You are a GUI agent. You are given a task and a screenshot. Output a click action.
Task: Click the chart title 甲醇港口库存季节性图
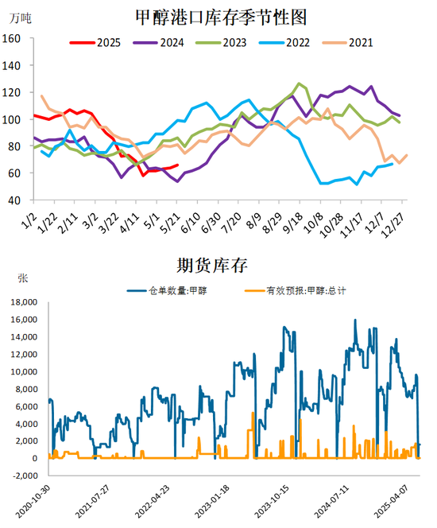[221, 17]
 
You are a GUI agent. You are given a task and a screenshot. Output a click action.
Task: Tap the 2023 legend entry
[222, 43]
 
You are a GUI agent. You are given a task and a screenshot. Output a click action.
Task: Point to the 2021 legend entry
[347, 43]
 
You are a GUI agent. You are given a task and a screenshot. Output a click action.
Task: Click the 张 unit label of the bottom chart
[22, 278]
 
